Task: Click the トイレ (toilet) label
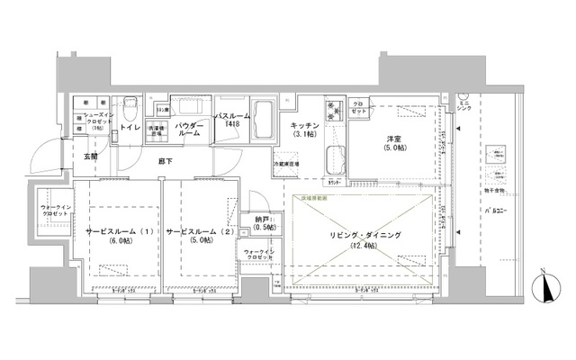(130, 128)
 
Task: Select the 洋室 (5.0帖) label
(393, 143)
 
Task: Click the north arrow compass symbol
(546, 288)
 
